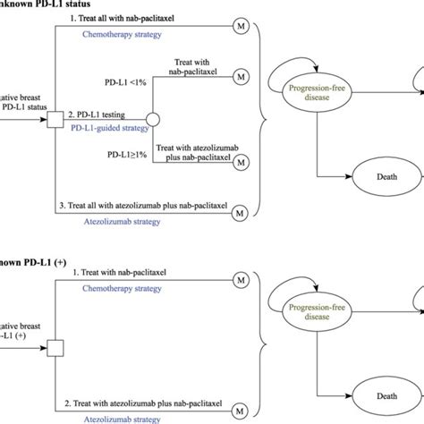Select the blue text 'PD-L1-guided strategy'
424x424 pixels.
[109, 128]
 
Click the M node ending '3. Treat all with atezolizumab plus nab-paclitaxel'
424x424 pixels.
[240, 213]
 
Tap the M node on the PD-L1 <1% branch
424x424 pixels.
[240, 78]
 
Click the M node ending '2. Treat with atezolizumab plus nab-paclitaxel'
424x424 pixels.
[240, 412]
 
